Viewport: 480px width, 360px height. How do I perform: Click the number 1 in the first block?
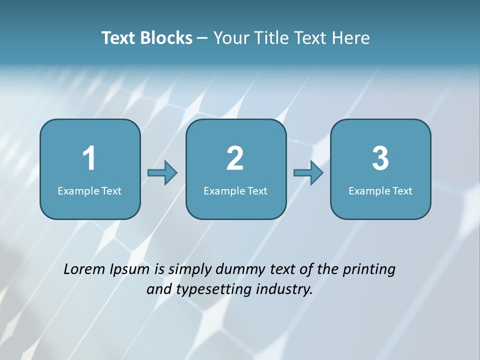tap(89, 158)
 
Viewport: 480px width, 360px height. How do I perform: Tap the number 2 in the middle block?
tap(235, 158)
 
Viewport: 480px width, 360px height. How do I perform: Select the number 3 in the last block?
tap(380, 158)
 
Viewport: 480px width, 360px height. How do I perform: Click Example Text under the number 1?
tap(89, 190)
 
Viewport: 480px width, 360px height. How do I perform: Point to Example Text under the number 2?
tap(235, 190)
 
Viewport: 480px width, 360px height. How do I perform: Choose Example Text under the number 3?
tap(380, 190)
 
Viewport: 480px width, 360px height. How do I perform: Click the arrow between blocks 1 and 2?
tap(162, 172)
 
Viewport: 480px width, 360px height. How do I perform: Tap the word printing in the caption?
tap(369, 270)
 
